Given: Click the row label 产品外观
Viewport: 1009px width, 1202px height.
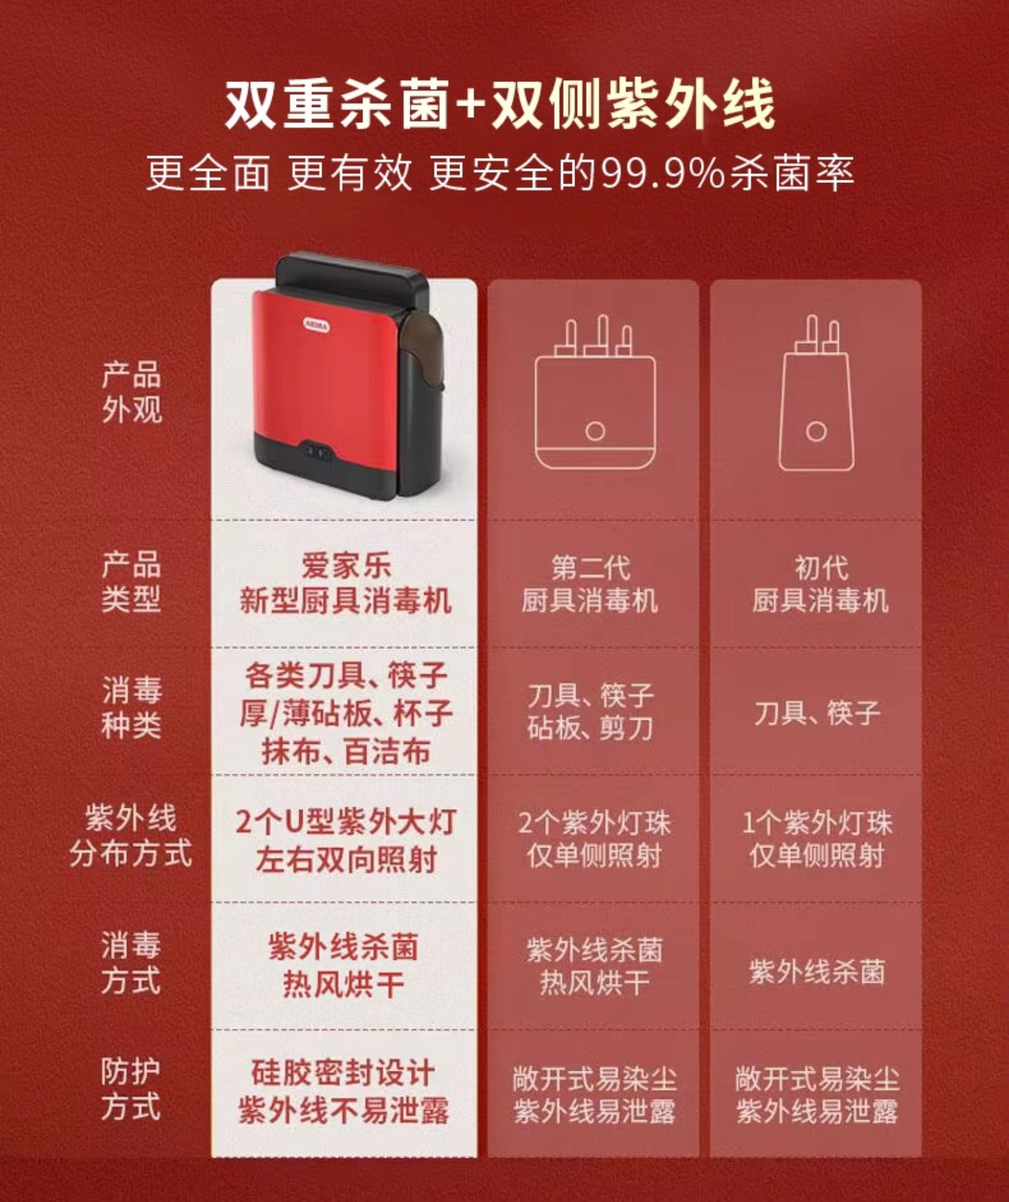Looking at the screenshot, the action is click(x=132, y=392).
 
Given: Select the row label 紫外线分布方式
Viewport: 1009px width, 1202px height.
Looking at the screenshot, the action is click(x=131, y=836).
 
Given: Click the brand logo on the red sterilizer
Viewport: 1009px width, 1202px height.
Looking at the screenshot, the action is click(x=316, y=325).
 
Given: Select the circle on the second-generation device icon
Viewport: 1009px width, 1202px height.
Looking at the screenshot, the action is click(x=595, y=431).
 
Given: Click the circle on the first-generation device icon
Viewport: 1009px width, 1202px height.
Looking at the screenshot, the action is click(x=816, y=431).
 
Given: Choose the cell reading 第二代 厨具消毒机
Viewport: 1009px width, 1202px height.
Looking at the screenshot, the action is click(x=590, y=584).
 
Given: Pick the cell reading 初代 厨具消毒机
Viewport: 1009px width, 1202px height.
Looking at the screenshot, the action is click(x=820, y=584).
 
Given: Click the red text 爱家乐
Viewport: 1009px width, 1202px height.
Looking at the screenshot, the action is click(x=346, y=566).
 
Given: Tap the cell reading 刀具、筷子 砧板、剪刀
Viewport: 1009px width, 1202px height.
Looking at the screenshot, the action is click(x=590, y=712).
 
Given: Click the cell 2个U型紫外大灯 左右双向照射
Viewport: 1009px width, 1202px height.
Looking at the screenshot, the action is click(x=346, y=841).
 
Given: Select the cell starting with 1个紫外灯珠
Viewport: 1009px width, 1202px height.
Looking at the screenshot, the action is click(x=817, y=839).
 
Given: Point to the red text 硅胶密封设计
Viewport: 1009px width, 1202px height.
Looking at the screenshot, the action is click(x=343, y=1072).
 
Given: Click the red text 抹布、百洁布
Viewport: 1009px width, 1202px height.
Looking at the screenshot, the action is click(x=346, y=751).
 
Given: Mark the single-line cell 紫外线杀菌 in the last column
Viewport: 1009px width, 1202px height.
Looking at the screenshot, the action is click(x=817, y=971).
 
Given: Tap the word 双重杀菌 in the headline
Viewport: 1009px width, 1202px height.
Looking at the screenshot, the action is click(x=336, y=105).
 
